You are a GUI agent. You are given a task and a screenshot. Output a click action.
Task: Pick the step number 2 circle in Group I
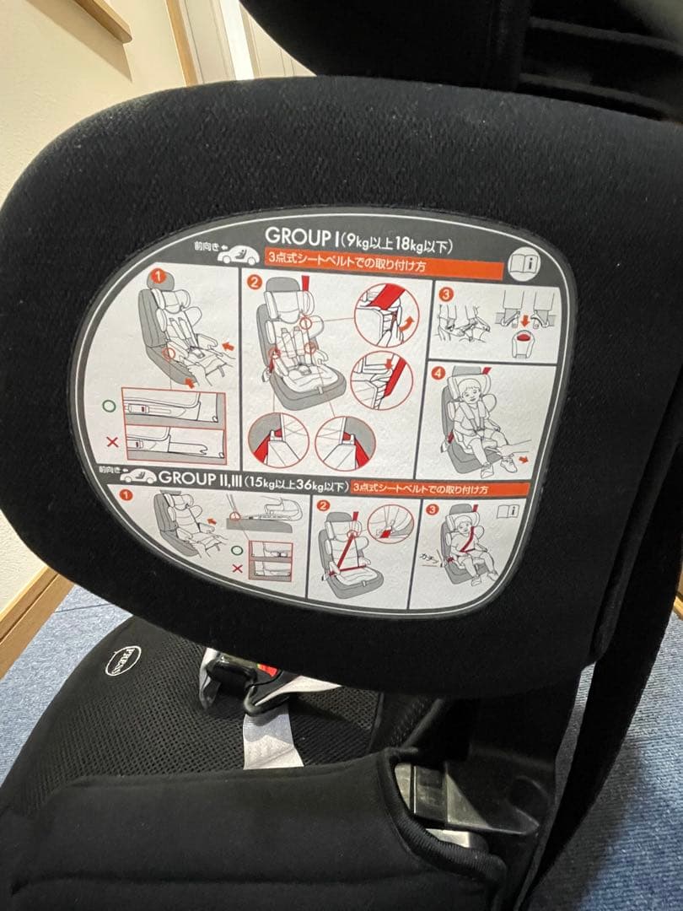[x=253, y=282]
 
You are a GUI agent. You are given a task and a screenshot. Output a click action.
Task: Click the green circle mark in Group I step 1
[x=107, y=406]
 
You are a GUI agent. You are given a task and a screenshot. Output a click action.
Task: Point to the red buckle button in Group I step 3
[x=524, y=335]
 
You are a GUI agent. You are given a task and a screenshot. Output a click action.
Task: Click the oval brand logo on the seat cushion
[x=122, y=660]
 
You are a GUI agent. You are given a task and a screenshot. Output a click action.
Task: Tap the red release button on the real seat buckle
[x=268, y=671]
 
